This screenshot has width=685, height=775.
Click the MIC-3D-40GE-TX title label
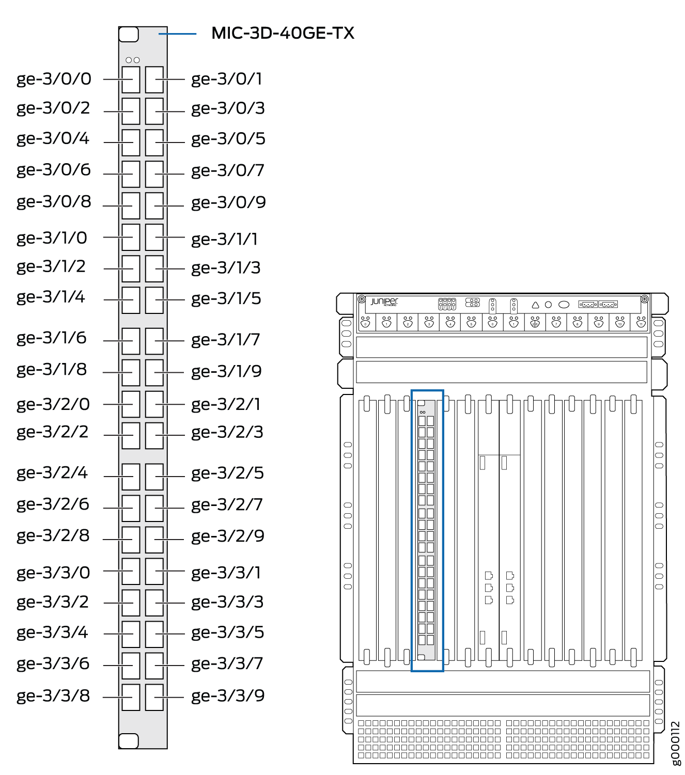(x=283, y=33)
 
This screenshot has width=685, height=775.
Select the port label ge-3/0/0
(x=54, y=80)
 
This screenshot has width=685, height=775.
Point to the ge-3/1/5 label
(x=226, y=299)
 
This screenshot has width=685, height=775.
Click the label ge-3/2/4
(x=52, y=473)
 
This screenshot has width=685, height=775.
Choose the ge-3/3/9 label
(x=228, y=696)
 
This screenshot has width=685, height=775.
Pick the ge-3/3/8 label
(x=53, y=696)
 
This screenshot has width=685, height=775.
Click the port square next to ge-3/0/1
(x=154, y=80)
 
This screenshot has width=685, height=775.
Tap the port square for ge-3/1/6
(x=131, y=341)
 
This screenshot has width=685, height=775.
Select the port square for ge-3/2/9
(x=154, y=540)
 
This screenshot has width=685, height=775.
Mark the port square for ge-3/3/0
(x=131, y=571)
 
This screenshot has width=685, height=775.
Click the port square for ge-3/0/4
(x=131, y=143)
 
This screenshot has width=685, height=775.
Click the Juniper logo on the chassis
(x=384, y=302)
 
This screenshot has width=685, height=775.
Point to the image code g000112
(x=676, y=744)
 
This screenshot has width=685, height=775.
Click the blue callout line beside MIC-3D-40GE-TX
(x=178, y=34)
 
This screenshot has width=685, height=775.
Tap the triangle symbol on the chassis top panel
(x=535, y=305)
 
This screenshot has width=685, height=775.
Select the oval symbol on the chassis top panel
(x=564, y=305)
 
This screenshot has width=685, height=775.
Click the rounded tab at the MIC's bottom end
(x=129, y=741)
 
